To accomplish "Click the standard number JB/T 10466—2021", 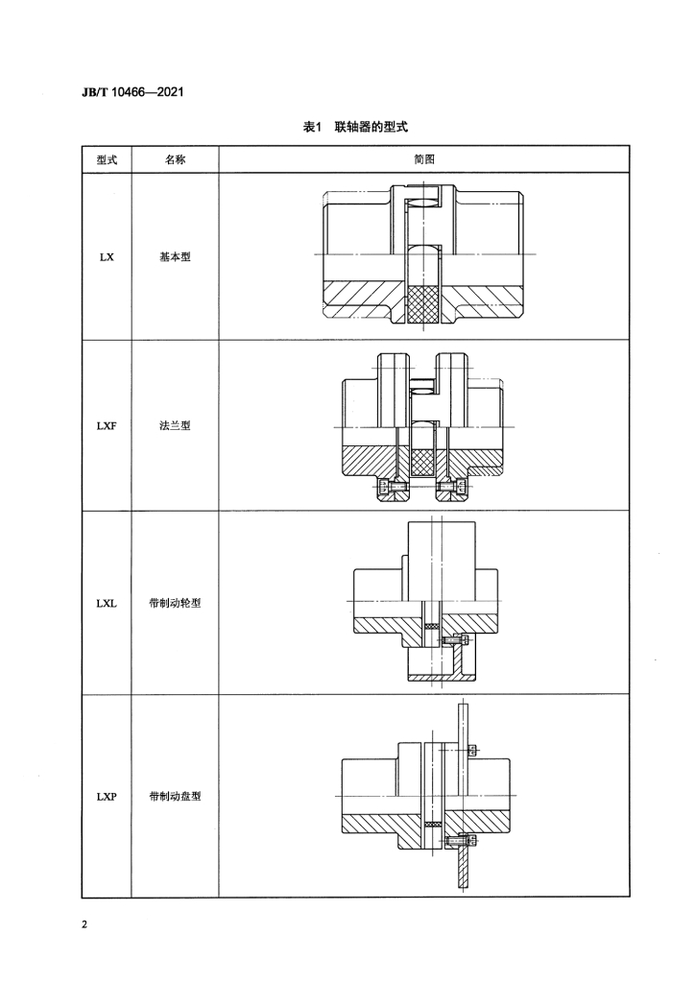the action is tap(132, 93).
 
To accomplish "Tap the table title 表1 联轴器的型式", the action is tap(355, 128).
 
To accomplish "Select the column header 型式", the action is tap(107, 160).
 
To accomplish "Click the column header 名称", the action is tap(175, 160).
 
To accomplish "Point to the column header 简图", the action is tap(424, 160).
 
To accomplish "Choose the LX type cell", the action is tap(107, 257).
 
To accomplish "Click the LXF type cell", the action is tap(107, 425).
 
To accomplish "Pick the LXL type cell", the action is tap(107, 604).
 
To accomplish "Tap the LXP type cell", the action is tap(107, 797).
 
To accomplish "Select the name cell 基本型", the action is tap(175, 257).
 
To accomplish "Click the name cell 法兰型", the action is tap(175, 425).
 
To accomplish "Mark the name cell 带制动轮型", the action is tap(175, 604).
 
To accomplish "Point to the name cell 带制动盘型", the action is tap(175, 797).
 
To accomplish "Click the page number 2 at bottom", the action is tap(84, 924).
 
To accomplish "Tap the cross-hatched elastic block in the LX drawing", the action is tap(423, 304).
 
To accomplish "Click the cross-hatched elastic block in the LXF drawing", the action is tap(423, 463).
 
